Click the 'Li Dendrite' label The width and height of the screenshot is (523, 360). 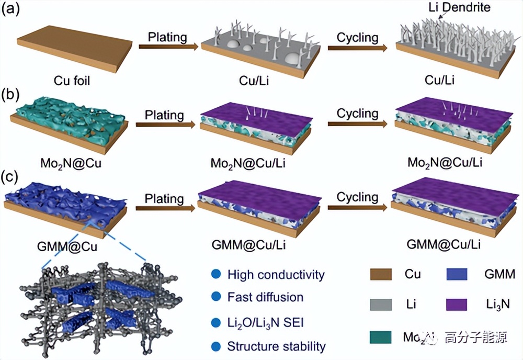pos(463,8)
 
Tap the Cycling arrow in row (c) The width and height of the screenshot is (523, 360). pos(358,207)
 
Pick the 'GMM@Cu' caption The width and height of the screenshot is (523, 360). pos(71,244)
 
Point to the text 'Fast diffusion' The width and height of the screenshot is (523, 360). pos(265,297)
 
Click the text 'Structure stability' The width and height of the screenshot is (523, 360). pos(277,346)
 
